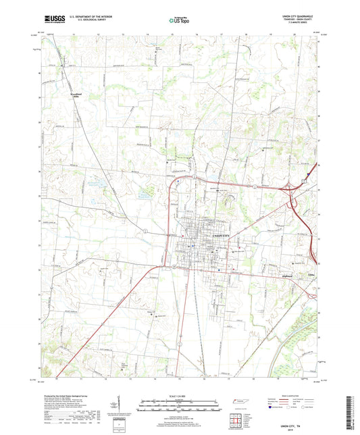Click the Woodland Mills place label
(x=73, y=95)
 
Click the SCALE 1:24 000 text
(x=178, y=395)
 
